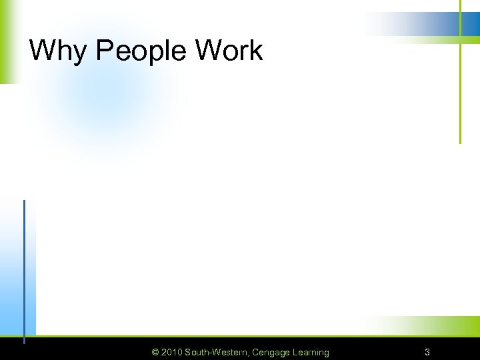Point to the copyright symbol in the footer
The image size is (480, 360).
pyautogui.click(x=155, y=352)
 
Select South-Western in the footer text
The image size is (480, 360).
pyautogui.click(x=217, y=352)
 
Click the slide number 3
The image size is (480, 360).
pyautogui.click(x=427, y=352)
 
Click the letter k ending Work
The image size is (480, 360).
pyautogui.click(x=256, y=51)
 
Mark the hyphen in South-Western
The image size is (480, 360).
pyautogui.click(x=211, y=353)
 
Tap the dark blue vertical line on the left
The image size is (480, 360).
pyautogui.click(x=24, y=267)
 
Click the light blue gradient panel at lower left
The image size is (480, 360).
pyautogui.click(x=13, y=280)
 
